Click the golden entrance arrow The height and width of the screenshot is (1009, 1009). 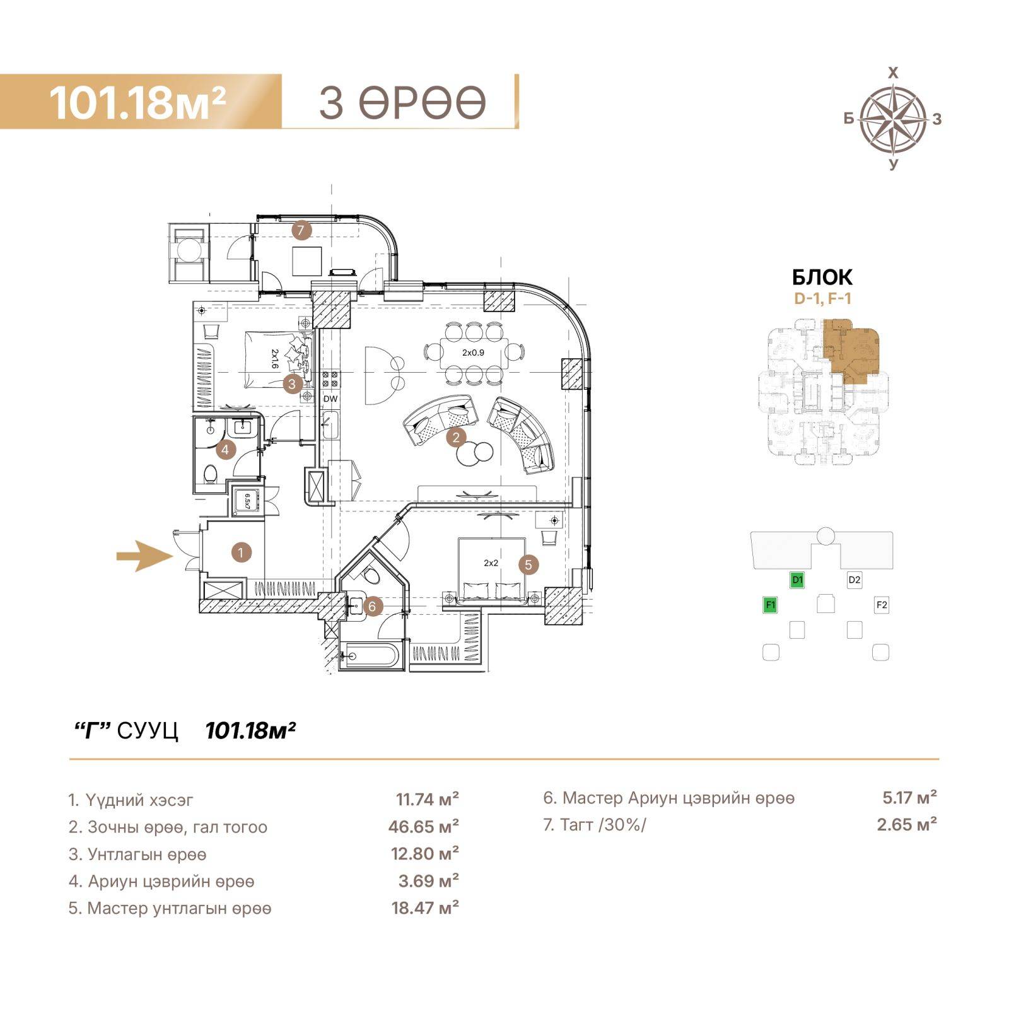pyautogui.click(x=144, y=556)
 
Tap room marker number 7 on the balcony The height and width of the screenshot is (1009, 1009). pyautogui.click(x=301, y=230)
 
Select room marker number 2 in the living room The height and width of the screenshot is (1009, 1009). pyautogui.click(x=456, y=436)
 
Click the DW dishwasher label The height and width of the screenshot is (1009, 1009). pyautogui.click(x=330, y=399)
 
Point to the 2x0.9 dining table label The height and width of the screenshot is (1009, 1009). pyautogui.click(x=473, y=353)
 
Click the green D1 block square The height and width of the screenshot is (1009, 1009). pyautogui.click(x=797, y=580)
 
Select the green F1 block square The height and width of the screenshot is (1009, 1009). pyautogui.click(x=770, y=605)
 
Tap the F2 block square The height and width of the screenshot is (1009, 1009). pyautogui.click(x=882, y=605)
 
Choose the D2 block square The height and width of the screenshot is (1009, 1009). pyautogui.click(x=854, y=580)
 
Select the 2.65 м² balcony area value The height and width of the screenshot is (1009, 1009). pyautogui.click(x=907, y=824)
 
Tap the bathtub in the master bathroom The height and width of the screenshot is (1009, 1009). pyautogui.click(x=369, y=656)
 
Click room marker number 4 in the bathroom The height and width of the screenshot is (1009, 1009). pyautogui.click(x=225, y=450)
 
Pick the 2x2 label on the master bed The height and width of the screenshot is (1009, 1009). pyautogui.click(x=491, y=563)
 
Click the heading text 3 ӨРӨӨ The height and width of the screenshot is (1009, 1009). pyautogui.click(x=403, y=103)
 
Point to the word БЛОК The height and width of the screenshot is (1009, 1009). pyautogui.click(x=822, y=277)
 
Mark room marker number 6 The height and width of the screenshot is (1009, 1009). pyautogui.click(x=372, y=607)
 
